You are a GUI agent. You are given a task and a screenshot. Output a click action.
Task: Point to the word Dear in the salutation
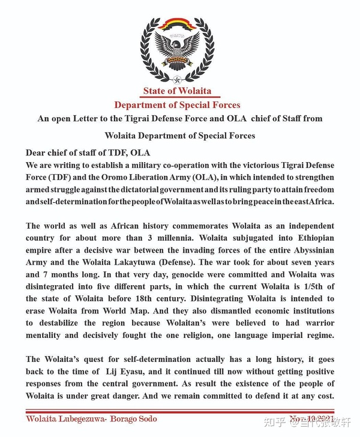pos(36,152)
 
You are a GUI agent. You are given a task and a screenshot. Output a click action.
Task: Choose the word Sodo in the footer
pos(148,418)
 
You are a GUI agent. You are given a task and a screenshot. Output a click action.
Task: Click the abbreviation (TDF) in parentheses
pos(60,176)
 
